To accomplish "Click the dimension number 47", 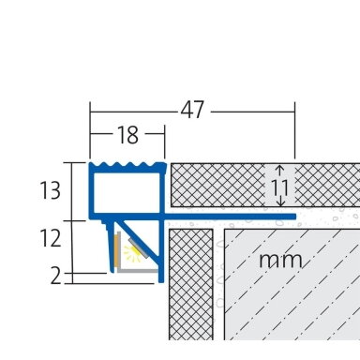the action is (192, 110).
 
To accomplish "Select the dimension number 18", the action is (127, 135).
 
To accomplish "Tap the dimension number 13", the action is (50, 190).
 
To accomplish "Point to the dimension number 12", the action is (50, 238).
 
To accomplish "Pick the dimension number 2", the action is (56, 277).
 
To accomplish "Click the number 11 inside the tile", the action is (280, 188).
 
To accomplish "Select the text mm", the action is (280, 261).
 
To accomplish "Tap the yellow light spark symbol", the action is (131, 253).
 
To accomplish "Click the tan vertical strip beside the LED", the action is (116, 250).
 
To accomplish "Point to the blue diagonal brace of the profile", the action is (138, 240).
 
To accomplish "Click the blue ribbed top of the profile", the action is (127, 166).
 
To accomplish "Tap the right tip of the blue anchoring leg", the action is (294, 217).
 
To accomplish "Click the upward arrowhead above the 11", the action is (280, 169).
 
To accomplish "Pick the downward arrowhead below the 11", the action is (280, 203).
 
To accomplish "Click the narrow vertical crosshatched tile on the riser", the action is (191, 284).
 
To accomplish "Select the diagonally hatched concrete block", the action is (292, 284).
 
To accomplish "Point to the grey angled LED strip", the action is (138, 248).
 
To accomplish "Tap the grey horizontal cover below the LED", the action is (138, 271).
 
